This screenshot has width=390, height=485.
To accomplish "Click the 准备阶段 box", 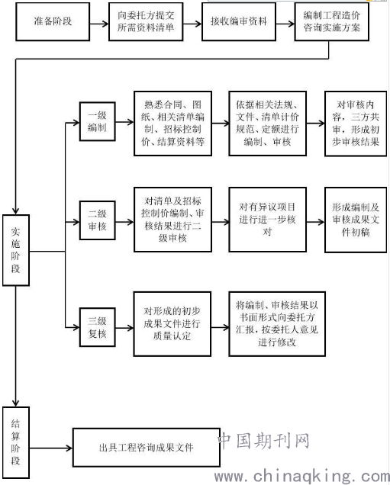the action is pyautogui.click(x=53, y=21).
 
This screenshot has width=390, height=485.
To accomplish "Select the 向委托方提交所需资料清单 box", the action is pyautogui.click(x=146, y=21).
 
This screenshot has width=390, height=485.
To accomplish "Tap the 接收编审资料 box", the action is pyautogui.click(x=239, y=21).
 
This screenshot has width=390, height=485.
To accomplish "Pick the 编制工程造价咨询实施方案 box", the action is pyautogui.click(x=331, y=21).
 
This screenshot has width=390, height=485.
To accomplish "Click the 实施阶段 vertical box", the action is pyautogui.click(x=16, y=250).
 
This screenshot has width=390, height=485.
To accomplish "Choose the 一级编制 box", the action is pyautogui.click(x=98, y=121).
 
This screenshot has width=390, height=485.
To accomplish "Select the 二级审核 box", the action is pyautogui.click(x=98, y=220).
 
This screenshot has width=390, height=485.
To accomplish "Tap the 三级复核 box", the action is pyautogui.click(x=98, y=327).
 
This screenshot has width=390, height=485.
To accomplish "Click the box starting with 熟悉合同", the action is pyautogui.click(x=172, y=124).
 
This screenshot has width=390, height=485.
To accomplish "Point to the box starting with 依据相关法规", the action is pyautogui.click(x=267, y=124).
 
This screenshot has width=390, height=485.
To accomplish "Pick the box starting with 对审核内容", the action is pyautogui.click(x=356, y=124).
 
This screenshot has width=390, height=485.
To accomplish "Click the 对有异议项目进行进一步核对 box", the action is pyautogui.click(x=267, y=220).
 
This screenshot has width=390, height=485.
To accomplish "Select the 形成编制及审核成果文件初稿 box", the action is pyautogui.click(x=356, y=220).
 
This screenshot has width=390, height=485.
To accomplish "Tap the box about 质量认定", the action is pyautogui.click(x=172, y=324).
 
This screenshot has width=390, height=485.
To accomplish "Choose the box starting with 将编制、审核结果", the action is pyautogui.click(x=277, y=324).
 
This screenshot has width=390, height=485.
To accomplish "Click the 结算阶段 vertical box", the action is pyautogui.click(x=16, y=442).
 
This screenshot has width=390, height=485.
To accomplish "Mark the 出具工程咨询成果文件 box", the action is pyautogui.click(x=147, y=448).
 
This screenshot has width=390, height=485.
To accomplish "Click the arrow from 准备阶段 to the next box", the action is pyautogui.click(x=99, y=24).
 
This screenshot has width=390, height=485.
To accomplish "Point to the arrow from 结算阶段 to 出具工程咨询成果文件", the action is pyautogui.click(x=51, y=448).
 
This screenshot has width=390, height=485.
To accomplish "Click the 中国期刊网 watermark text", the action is pyautogui.click(x=264, y=441).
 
